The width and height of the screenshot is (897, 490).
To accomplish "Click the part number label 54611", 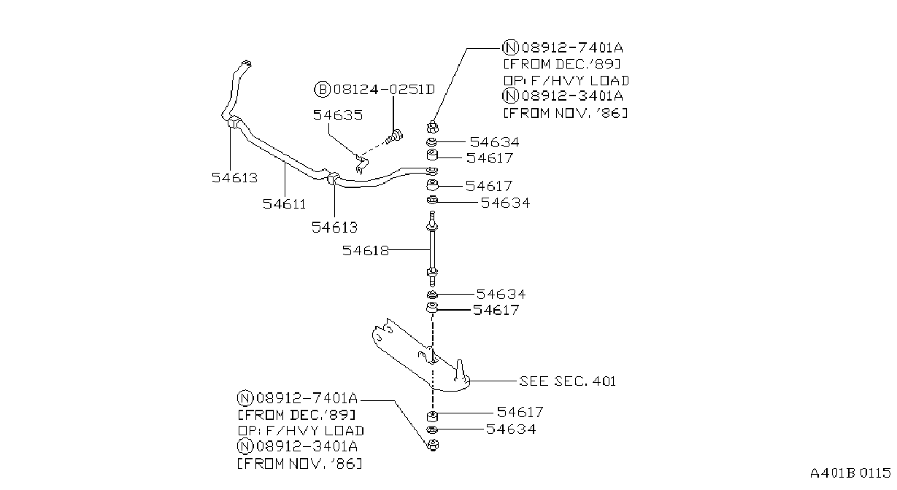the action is coord(284,204).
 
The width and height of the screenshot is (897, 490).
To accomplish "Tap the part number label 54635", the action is coord(338,115).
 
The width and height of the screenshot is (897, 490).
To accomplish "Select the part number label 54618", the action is coord(365,251).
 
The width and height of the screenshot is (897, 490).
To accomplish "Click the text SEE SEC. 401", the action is coord(567,381).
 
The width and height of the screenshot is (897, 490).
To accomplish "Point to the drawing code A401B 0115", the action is coord(850,473).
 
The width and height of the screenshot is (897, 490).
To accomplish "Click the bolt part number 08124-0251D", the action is coord(384,89).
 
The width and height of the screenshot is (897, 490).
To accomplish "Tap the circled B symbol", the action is coord(322,89).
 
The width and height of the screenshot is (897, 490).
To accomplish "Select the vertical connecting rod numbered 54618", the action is coord(432,248).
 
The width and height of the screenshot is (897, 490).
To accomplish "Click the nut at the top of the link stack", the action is coord(433,127).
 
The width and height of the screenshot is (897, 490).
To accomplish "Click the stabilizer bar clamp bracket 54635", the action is coord(361,163).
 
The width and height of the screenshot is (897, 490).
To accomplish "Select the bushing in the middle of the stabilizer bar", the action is coord(333,179).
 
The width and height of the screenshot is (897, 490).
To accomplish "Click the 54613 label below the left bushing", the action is coord(234,178).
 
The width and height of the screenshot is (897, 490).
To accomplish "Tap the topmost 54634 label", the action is coord(495,142).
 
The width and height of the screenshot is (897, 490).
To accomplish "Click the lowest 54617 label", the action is coord(520,412).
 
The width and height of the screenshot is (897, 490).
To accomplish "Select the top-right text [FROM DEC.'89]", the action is coord(562,64).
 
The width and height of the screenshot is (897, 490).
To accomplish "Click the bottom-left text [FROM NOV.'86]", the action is coord(300,464).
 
